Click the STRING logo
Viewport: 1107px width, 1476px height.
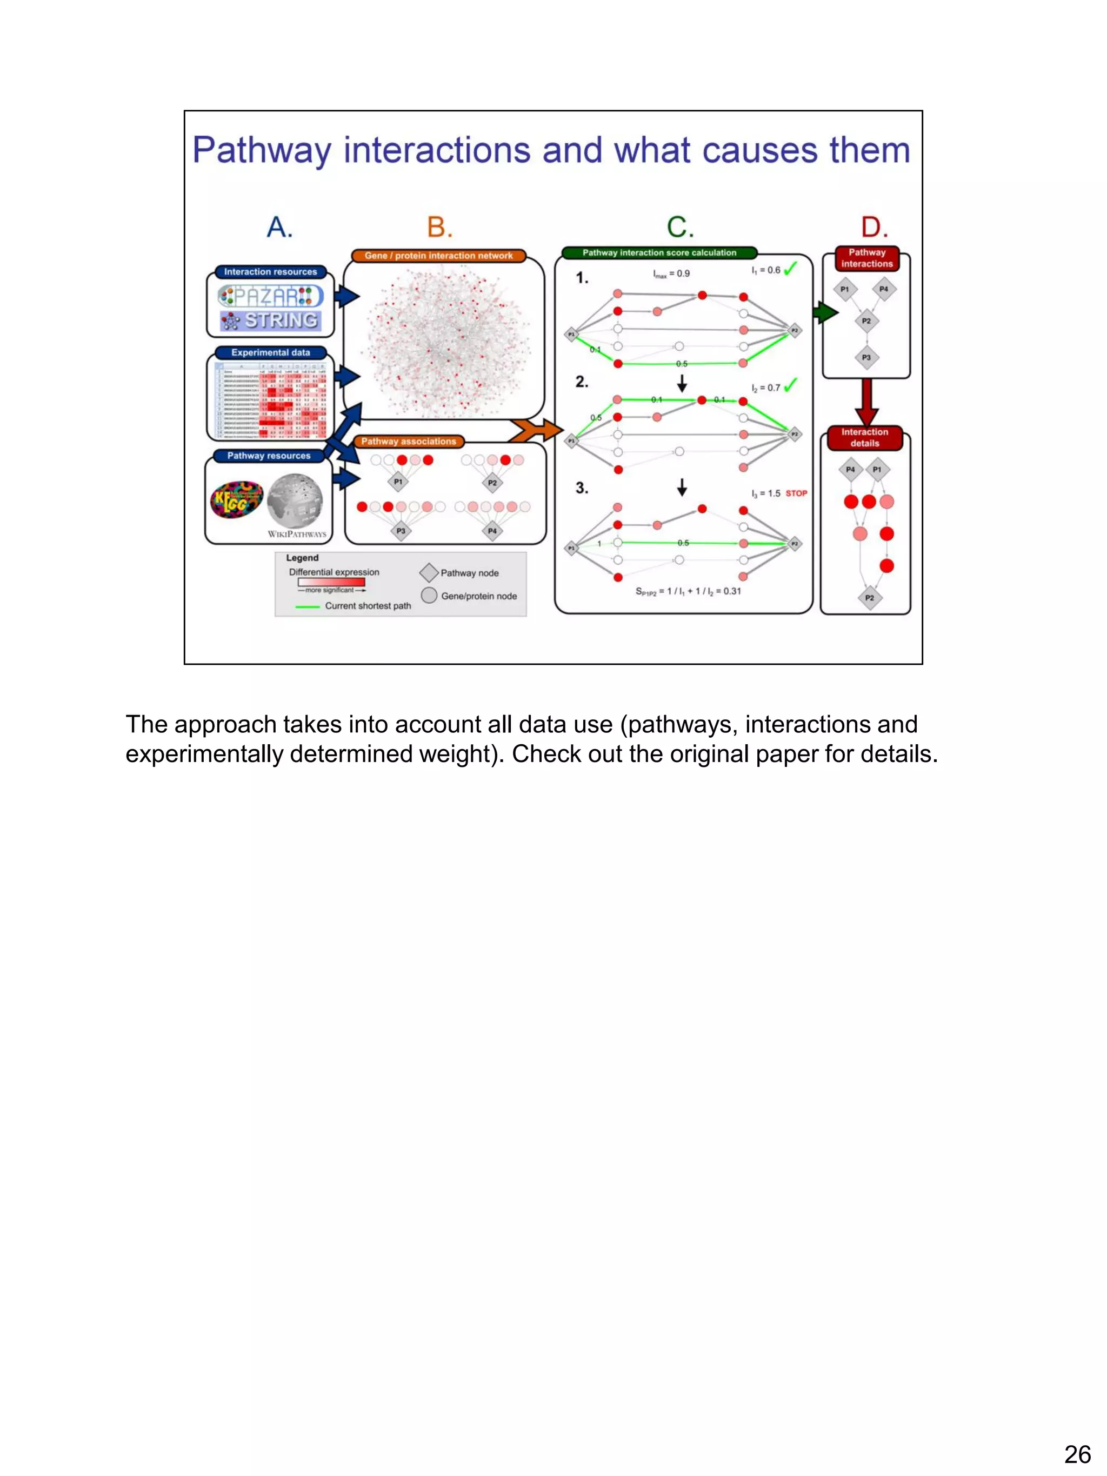pos(271,321)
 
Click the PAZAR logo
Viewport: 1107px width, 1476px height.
pos(271,296)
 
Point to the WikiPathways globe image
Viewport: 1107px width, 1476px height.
pos(295,500)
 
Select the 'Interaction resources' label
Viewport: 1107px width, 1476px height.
pos(270,271)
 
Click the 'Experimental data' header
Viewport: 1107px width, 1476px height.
pos(270,352)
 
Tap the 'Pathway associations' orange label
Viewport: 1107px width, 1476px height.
pos(409,441)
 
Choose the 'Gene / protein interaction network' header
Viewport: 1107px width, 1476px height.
pos(438,256)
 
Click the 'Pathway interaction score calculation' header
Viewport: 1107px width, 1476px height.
pos(659,253)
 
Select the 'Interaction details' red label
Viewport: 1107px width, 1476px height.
pos(865,438)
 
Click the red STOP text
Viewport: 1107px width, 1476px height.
pos(796,493)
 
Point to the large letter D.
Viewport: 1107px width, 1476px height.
pos(874,228)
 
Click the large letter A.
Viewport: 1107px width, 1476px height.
pos(279,228)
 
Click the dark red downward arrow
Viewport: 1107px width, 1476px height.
pos(867,401)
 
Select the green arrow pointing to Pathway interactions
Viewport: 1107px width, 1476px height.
pos(825,312)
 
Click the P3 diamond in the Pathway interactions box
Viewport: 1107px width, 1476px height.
pos(866,358)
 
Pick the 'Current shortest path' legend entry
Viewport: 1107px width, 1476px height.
pos(354,606)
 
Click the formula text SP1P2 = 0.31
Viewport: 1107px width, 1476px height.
pos(688,591)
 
